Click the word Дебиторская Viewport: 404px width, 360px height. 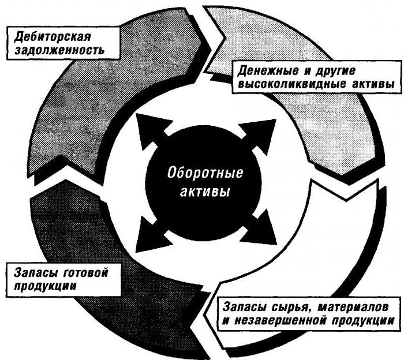pos(53,37)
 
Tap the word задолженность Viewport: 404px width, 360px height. pos(60,50)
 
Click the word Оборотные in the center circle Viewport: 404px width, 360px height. pos(205,172)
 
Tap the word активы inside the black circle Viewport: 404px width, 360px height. pos(205,192)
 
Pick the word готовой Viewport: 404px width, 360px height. pos(85,273)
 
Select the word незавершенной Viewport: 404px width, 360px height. pos(279,321)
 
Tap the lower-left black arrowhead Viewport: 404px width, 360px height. pos(152,235)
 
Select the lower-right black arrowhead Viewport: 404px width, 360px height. pos(260,228)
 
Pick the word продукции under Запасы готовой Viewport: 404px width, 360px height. pos(45,286)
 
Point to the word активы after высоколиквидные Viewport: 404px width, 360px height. pos(372,84)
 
